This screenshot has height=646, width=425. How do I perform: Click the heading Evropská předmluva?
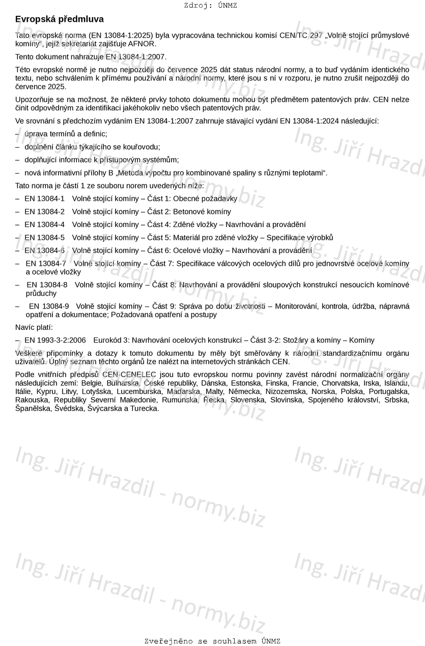point(59,19)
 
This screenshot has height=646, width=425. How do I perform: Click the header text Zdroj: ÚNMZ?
point(210,6)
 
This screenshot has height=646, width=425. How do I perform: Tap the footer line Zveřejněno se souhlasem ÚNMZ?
point(212,641)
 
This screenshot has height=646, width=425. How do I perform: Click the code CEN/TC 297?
point(303,35)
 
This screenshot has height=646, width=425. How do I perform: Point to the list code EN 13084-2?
point(45,212)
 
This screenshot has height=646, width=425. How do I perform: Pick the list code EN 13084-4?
point(45,224)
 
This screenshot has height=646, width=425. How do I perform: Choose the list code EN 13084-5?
point(45,238)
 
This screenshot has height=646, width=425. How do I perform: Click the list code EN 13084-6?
point(45,250)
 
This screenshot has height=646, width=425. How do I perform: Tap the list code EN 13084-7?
point(46,264)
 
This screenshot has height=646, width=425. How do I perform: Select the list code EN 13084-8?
point(47,285)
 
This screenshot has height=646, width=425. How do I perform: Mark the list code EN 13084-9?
point(49,306)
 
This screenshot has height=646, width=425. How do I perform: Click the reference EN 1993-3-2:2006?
point(55,341)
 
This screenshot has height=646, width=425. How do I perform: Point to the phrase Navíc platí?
point(34,327)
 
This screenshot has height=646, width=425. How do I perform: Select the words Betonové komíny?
point(202,212)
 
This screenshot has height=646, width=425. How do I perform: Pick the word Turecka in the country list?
point(146,408)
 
